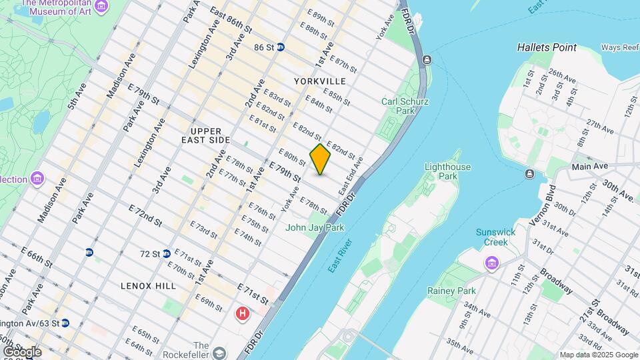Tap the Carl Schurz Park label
405,106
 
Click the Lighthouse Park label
447,171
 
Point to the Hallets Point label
547,47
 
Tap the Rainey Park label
451,291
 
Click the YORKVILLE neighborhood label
320,81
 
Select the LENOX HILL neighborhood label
148,285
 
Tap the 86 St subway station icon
281,47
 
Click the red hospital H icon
243,313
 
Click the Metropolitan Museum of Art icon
101,7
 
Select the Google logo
21,352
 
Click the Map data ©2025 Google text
599,355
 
